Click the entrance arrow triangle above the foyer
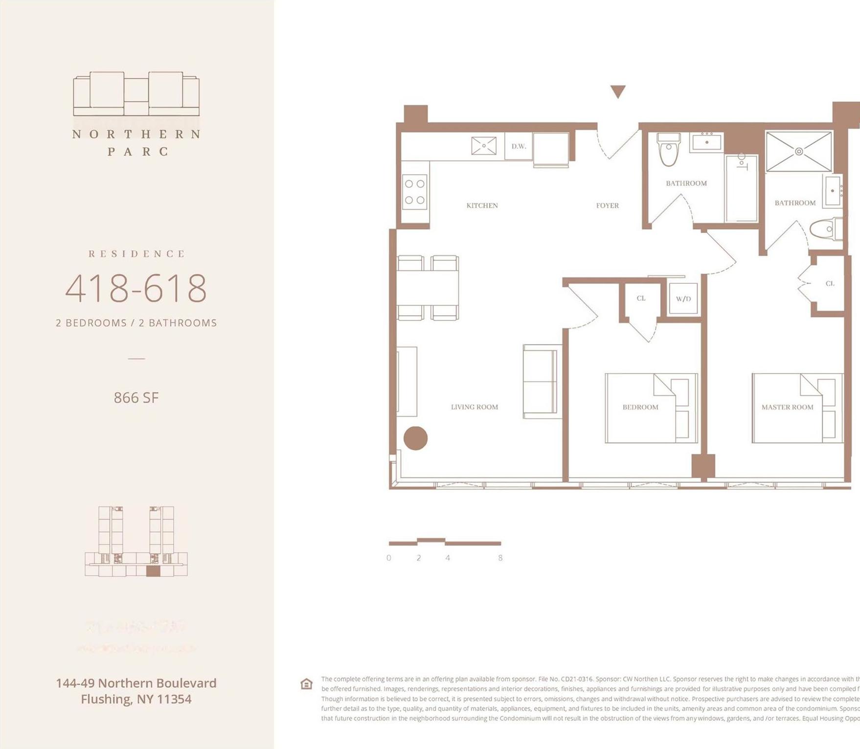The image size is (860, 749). point(618,91)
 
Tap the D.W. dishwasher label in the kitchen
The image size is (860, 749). point(519,146)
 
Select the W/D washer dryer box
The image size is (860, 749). point(683,298)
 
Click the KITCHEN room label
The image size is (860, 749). point(482,205)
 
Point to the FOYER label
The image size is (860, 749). point(607,205)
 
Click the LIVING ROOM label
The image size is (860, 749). point(474,407)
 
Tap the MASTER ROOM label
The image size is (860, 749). point(787,407)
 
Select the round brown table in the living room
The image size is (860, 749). point(415,438)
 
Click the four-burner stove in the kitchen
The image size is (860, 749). point(414,192)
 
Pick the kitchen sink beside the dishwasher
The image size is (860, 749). point(484,146)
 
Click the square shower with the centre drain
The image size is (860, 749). point(798,151)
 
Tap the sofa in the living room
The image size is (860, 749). point(541,382)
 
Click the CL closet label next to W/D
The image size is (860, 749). point(641,298)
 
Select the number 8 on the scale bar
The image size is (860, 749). point(500,558)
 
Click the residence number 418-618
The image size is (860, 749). point(136,289)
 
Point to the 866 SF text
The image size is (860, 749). point(136,398)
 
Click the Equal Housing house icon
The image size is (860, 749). point(306,684)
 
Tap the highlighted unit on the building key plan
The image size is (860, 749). point(153,571)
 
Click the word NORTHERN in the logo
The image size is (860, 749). point(136,134)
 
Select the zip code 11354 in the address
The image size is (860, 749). point(174,699)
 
